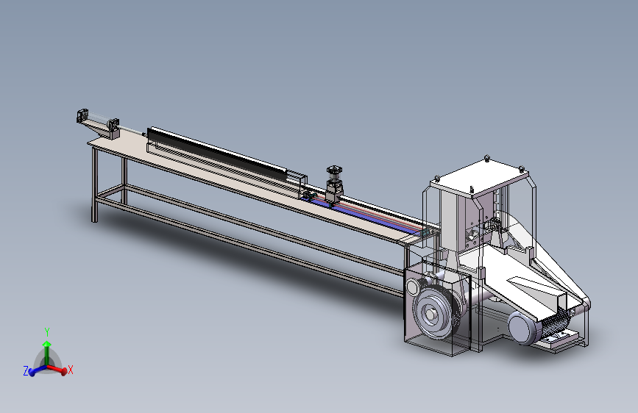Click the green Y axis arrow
[47, 353]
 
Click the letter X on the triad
[71, 370]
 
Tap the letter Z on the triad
[26, 370]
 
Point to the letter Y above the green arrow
[47, 332]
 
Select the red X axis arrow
[57, 369]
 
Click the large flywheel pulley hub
[431, 313]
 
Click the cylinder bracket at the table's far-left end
[82, 115]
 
